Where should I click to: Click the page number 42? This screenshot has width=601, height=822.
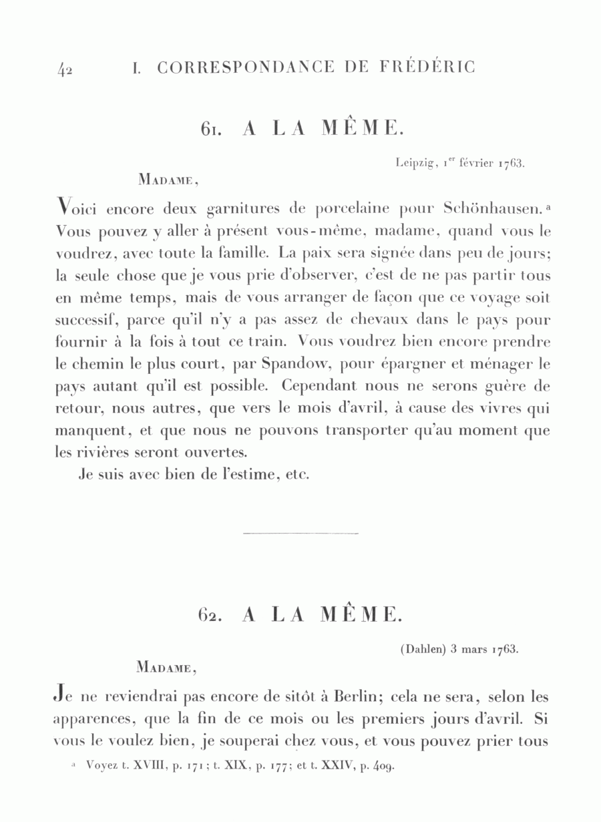[x=65, y=69]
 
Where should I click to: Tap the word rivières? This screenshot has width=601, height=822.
[x=100, y=452]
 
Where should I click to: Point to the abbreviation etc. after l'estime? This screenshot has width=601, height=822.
[x=293, y=475]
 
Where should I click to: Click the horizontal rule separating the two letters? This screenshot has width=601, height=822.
[x=301, y=534]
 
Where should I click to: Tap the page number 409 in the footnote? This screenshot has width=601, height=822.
[x=383, y=767]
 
